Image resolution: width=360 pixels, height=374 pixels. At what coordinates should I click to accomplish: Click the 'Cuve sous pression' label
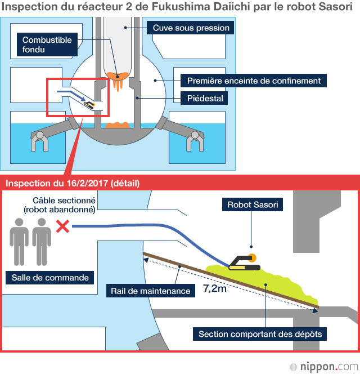pyautogui.click(x=191, y=28)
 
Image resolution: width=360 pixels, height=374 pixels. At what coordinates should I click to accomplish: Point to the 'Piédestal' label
pyautogui.click(x=206, y=99)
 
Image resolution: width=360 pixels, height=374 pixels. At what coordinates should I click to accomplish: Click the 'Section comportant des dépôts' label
pyautogui.click(x=260, y=334)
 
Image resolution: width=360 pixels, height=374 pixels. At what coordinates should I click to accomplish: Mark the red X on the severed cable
pyautogui.click(x=62, y=226)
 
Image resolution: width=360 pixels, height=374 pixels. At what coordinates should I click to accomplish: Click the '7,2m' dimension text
pyautogui.click(x=215, y=291)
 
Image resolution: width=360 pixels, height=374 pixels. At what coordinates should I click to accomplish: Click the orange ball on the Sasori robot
pyautogui.click(x=253, y=258)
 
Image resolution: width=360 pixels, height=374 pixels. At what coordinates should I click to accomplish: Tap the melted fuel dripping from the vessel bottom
pyautogui.click(x=118, y=82)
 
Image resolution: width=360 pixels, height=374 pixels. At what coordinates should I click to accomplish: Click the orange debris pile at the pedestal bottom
pyautogui.click(x=118, y=125)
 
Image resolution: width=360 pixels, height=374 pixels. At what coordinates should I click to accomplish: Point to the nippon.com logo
pyautogui.click(x=322, y=366)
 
